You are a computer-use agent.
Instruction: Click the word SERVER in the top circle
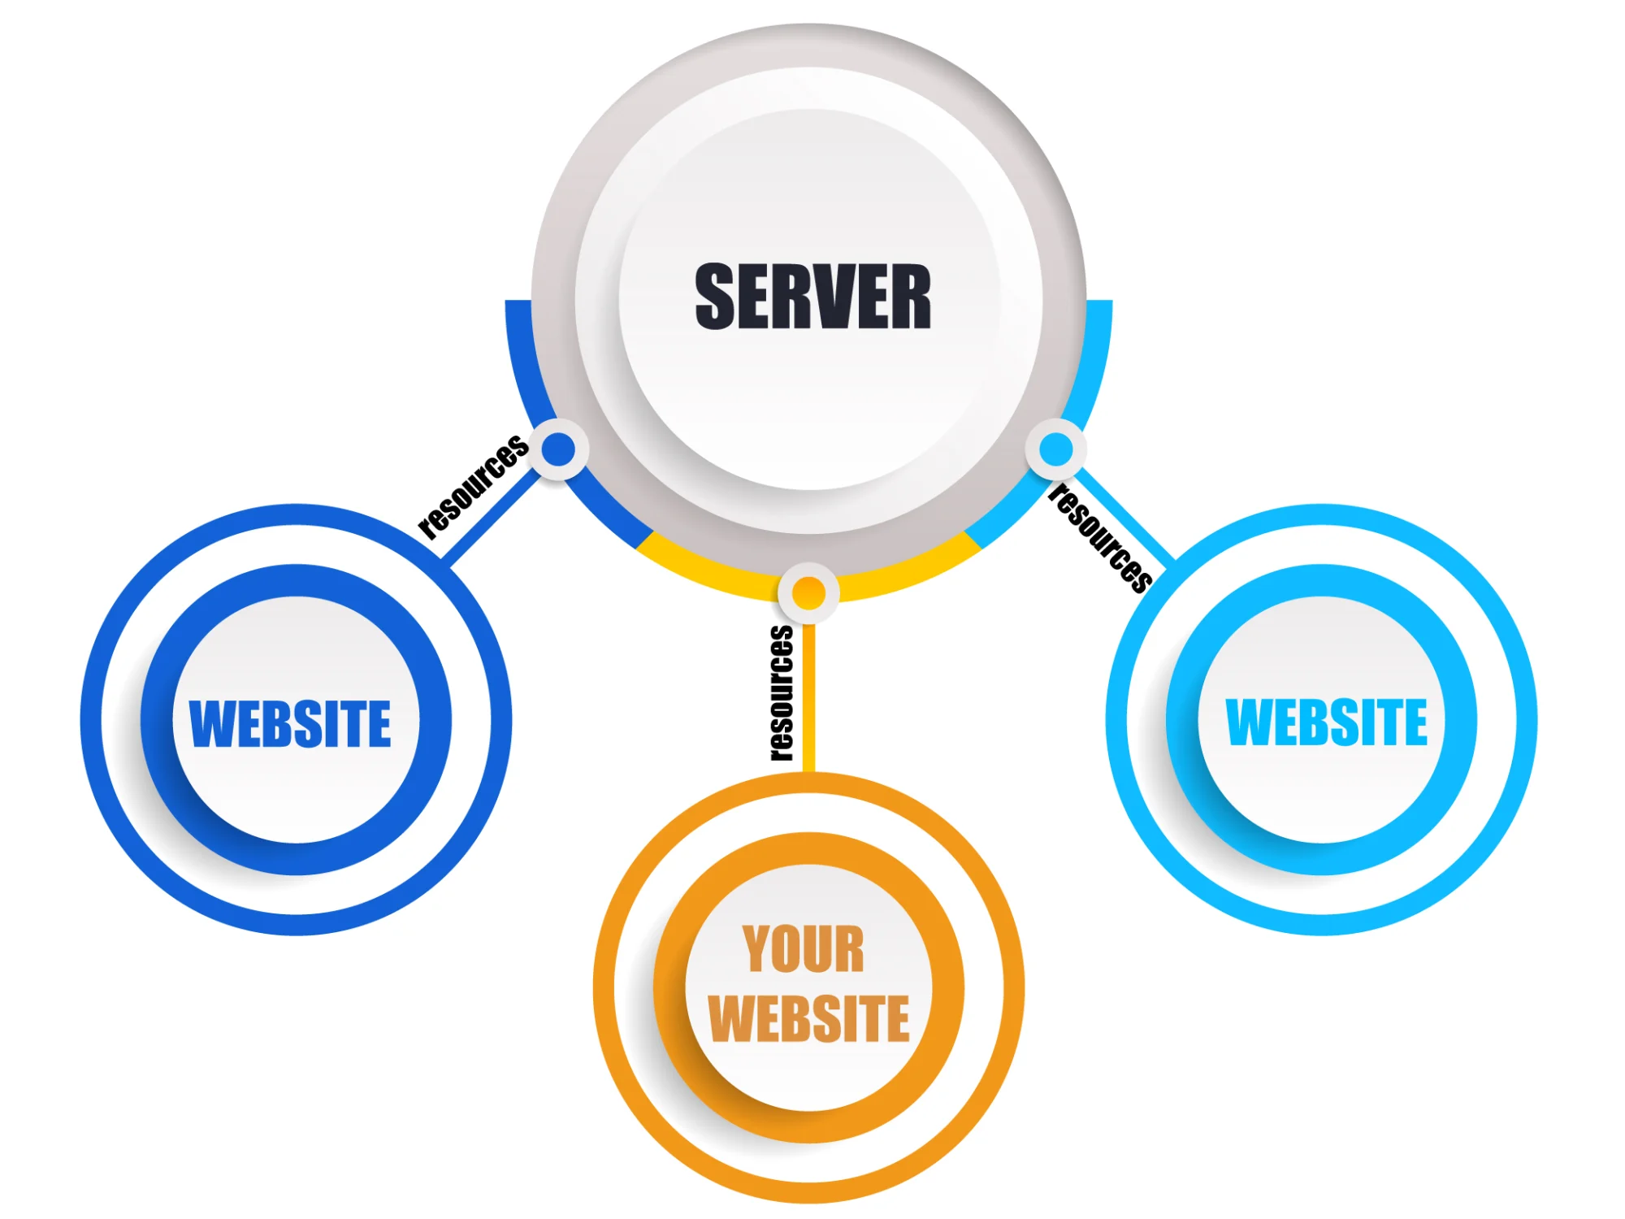coord(812,297)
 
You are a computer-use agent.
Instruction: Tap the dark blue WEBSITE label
coord(290,723)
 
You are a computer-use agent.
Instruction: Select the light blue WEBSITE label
coord(1326,722)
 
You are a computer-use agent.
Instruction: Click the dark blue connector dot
coord(559,449)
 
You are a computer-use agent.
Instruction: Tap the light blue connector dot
coord(1056,449)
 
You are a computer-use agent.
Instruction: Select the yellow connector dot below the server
coord(808,593)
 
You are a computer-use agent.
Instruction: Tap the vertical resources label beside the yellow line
coord(782,693)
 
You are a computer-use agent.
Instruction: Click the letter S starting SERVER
coord(715,297)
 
